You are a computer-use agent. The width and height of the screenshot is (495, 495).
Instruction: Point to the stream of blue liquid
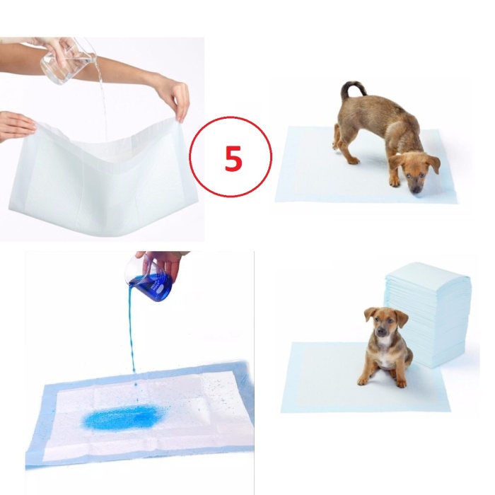(132, 339)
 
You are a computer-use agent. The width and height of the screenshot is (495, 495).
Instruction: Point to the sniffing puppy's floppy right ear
(433, 164)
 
